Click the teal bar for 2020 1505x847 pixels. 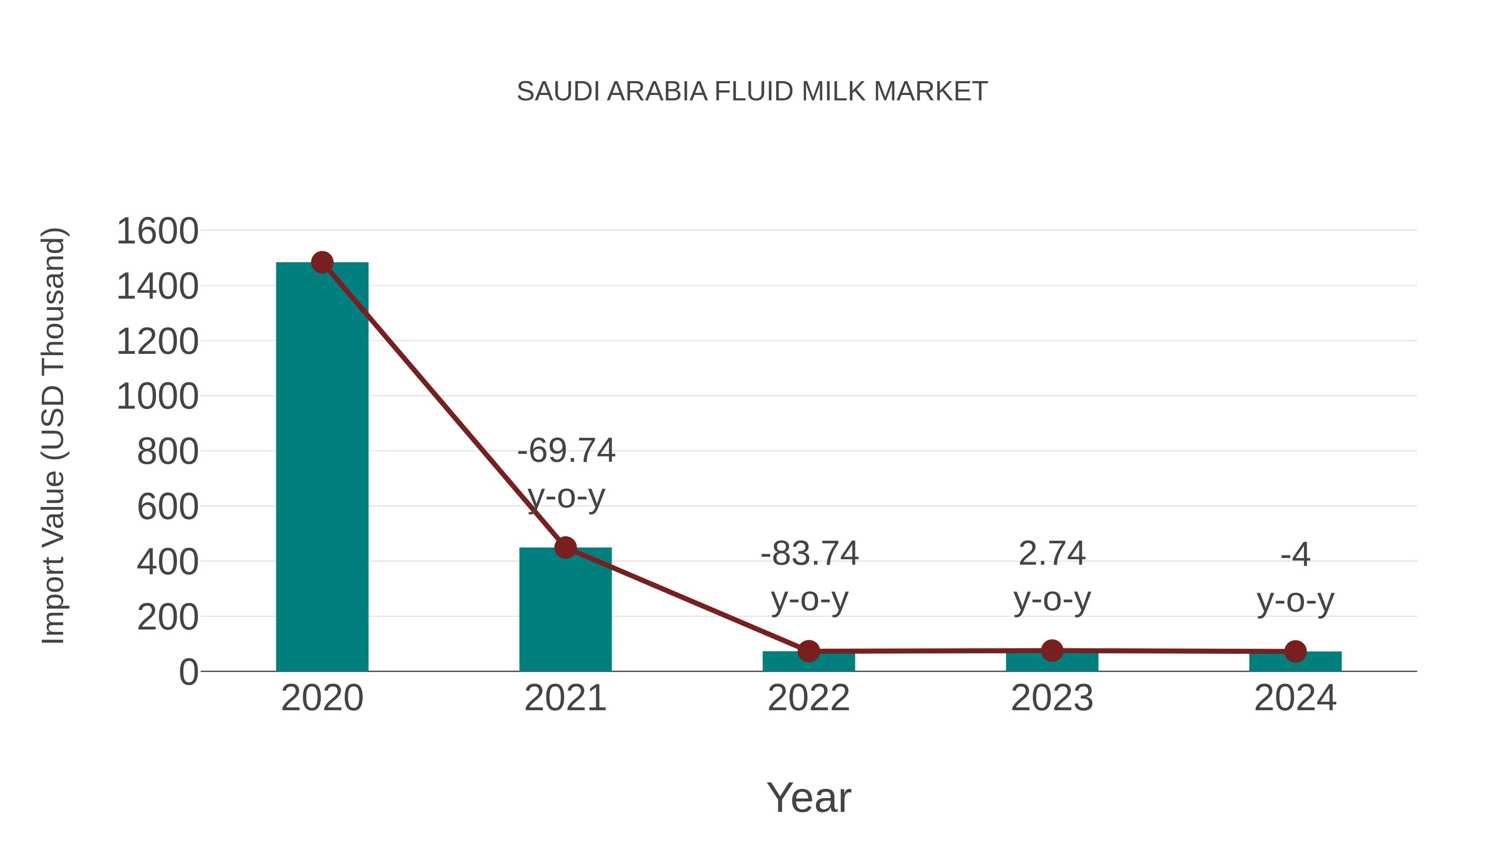pos(322,468)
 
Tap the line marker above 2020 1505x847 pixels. pos(322,262)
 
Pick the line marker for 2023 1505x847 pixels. pos(1052,650)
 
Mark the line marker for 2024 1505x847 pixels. pos(1295,651)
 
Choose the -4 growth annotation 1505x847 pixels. pos(1295,577)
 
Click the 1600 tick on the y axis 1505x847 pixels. pos(158,231)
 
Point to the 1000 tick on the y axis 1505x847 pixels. pos(158,397)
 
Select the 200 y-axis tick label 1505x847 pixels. pos(168,617)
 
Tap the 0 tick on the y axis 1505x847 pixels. pos(189,672)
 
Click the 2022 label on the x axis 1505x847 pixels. pos(809,698)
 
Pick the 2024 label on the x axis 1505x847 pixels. pos(1295,698)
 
